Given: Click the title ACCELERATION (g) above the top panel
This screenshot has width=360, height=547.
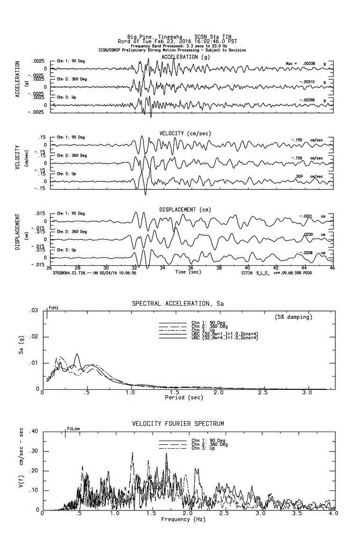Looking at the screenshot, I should (185, 57).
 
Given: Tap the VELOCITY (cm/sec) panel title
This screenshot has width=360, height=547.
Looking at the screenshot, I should (185, 133).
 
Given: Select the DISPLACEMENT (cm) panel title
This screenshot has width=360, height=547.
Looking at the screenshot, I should (185, 209).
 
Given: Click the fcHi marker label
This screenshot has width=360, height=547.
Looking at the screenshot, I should (54, 308).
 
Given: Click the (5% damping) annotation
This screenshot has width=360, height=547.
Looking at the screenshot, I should (294, 317).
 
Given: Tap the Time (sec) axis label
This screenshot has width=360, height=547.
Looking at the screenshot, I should (188, 272).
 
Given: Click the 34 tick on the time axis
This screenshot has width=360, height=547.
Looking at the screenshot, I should (162, 268).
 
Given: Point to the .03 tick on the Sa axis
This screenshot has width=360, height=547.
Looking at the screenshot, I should (34, 311).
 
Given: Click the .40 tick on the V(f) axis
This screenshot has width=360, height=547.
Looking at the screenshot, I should (33, 432).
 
